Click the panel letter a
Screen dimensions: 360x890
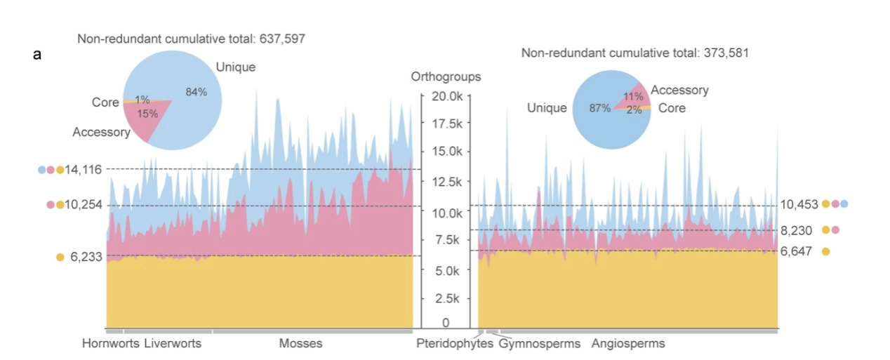pos(37,54)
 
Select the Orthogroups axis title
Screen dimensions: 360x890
pos(446,77)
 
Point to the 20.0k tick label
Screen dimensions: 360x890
pos(446,96)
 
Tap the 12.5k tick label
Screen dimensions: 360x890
pos(446,182)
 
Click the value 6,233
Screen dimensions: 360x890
pos(86,257)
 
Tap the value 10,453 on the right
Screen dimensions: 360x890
pos(799,204)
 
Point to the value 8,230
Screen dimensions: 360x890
pos(795,230)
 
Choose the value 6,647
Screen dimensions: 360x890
pos(795,251)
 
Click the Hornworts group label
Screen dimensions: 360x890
pos(111,344)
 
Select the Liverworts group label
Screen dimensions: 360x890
pos(173,344)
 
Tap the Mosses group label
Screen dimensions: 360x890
pos(300,344)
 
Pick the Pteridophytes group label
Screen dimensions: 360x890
pos(454,344)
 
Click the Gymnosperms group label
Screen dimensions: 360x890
pos(540,344)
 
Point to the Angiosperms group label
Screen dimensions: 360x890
pos(628,344)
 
